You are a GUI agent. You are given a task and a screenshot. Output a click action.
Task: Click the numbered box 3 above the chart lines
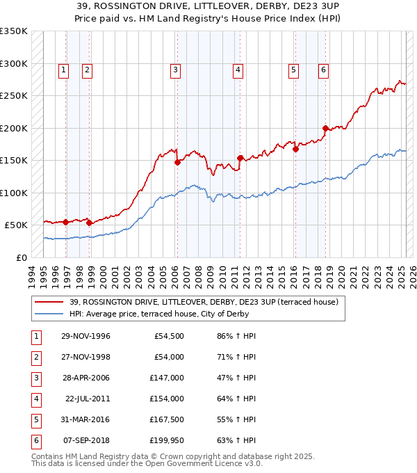(x=175, y=70)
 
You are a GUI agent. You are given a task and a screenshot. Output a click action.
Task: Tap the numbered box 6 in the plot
(x=323, y=70)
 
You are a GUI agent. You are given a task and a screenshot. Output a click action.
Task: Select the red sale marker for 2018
(x=325, y=128)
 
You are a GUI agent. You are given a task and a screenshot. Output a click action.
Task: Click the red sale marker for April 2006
(x=177, y=162)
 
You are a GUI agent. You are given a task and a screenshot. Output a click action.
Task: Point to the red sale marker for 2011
(x=240, y=158)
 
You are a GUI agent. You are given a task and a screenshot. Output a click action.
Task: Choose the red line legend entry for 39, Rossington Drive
(x=204, y=302)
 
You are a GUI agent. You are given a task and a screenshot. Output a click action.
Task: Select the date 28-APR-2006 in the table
(x=85, y=378)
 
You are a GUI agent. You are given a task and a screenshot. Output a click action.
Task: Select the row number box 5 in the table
(x=35, y=419)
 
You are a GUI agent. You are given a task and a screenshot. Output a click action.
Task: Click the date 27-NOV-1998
(x=85, y=357)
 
